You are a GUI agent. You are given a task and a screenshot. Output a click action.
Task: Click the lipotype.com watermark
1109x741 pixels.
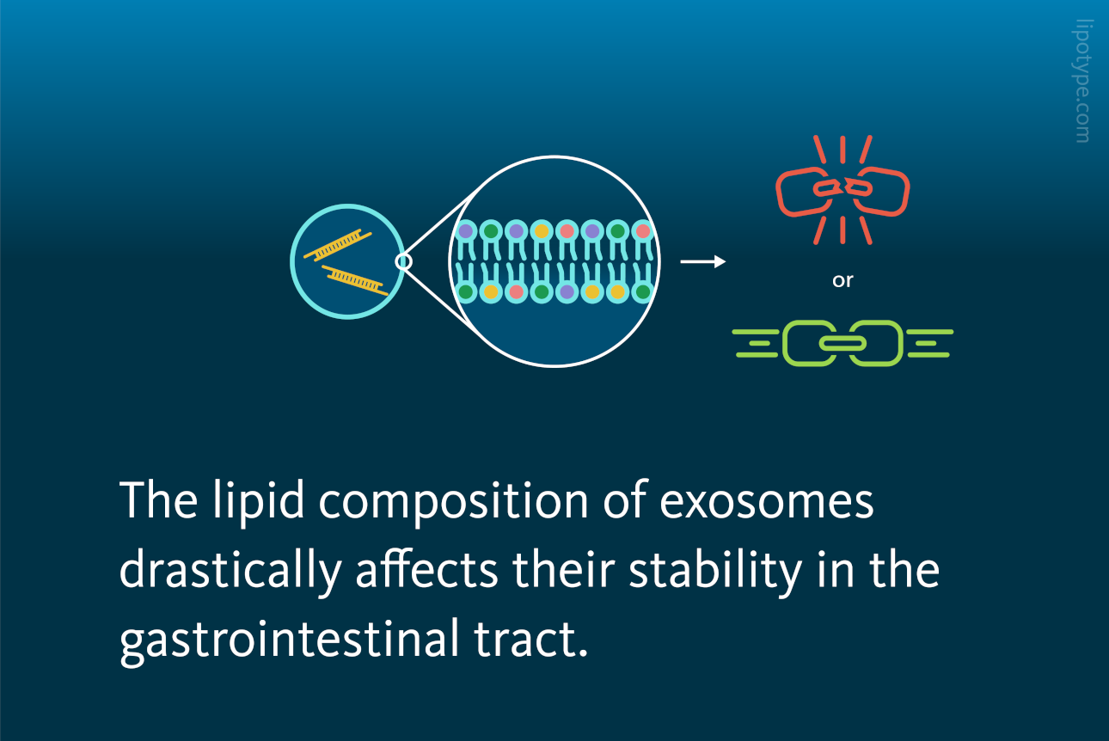[x=1082, y=81]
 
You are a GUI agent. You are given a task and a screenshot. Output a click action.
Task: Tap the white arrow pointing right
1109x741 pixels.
[x=703, y=261]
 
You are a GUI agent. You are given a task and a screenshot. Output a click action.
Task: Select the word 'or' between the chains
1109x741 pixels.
[x=842, y=280]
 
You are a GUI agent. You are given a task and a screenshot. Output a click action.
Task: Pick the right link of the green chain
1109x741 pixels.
[x=898, y=344]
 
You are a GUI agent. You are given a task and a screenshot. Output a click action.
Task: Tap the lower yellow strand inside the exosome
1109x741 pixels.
[x=355, y=280]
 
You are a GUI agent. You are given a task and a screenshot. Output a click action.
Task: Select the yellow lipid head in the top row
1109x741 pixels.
[x=542, y=231]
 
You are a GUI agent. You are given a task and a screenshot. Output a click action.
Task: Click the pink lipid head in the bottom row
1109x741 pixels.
[x=517, y=291]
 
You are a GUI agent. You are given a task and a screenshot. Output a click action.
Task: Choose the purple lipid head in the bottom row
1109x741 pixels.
[x=567, y=291]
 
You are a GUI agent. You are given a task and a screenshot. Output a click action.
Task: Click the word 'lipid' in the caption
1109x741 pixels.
[x=259, y=501]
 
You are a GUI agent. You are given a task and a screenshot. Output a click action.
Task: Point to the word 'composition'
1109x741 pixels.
[x=453, y=501]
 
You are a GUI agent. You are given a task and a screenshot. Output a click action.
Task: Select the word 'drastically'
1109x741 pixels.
[x=230, y=570]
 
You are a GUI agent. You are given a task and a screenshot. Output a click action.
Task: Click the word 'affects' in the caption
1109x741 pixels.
[x=426, y=569]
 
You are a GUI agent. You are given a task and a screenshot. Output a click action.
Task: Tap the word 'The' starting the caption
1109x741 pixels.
[x=158, y=500]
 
